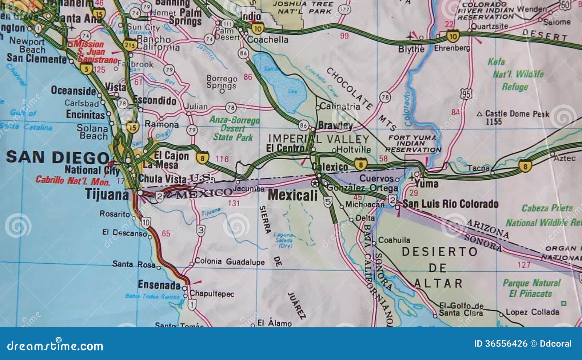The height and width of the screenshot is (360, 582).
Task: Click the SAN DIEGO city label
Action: (57, 157)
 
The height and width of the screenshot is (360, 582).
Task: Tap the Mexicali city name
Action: (293, 195)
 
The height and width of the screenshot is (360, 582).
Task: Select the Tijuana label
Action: (107, 195)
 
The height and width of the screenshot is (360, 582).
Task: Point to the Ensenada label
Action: (159, 285)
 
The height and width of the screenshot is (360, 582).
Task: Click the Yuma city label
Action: (426, 184)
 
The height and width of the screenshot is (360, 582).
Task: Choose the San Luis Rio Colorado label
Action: (450, 204)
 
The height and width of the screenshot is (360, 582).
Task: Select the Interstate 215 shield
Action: (130, 45)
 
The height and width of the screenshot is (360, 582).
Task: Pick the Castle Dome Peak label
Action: (517, 114)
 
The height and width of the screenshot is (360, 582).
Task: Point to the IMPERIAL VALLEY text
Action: (319, 139)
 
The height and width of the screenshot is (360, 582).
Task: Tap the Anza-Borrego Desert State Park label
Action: (234, 128)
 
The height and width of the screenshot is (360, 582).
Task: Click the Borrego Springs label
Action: (222, 82)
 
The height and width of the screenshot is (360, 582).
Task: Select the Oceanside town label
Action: (73, 91)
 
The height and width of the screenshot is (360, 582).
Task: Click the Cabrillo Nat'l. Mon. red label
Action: (73, 180)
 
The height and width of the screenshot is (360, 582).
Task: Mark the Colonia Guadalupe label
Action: (229, 261)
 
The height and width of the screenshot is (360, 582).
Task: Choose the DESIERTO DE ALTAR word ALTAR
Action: (438, 283)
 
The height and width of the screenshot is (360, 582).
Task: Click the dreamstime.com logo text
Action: (55, 345)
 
